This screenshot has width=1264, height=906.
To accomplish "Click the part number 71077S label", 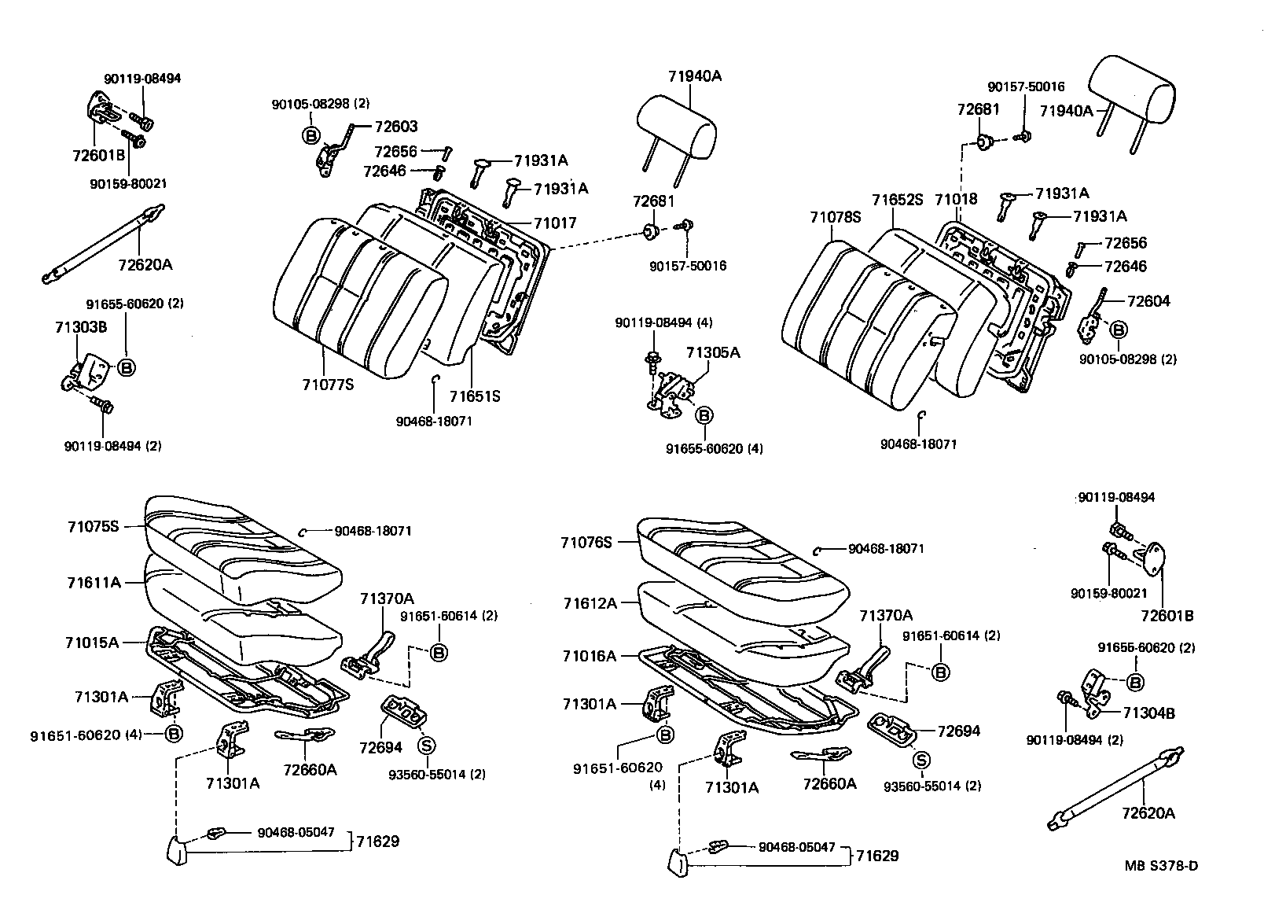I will (328, 385).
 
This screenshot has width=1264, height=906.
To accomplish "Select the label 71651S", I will (475, 396).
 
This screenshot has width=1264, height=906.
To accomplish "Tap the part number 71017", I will (554, 223).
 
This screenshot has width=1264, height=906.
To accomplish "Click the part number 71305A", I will (713, 353).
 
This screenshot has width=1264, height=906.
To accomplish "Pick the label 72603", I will (396, 127).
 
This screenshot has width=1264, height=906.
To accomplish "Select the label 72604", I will (1148, 301).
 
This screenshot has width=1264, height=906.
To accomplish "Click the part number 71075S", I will (93, 526).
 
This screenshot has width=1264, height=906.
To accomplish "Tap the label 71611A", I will (94, 583).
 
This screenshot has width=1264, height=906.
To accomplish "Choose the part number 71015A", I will (92, 643).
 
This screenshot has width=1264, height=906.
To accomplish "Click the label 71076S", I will (586, 543).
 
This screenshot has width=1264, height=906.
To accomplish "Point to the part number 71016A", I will (590, 655).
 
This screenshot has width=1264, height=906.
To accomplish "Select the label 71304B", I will (1148, 713).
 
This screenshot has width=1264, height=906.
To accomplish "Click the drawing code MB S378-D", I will (1161, 866).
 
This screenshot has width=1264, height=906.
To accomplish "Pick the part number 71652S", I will (897, 200).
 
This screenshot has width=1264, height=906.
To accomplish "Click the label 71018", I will (956, 199).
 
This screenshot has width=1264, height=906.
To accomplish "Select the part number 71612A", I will (590, 603).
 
